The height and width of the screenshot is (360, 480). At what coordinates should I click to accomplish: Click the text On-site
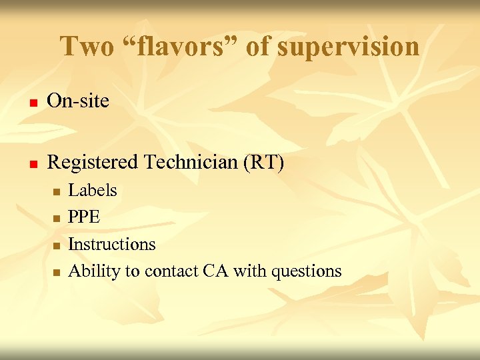(x=79, y=101)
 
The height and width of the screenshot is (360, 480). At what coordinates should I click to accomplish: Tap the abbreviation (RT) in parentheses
(x=267, y=162)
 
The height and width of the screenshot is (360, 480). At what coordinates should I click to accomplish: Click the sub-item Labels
(x=93, y=191)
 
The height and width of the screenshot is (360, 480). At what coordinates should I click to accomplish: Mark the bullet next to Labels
(x=56, y=192)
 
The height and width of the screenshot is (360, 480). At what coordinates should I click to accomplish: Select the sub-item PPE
(x=84, y=217)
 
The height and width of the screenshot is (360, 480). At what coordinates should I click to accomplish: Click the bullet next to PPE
(x=56, y=219)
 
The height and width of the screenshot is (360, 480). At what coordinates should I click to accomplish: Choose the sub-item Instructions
(x=112, y=245)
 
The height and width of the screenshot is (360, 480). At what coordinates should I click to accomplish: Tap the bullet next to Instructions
(x=56, y=246)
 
